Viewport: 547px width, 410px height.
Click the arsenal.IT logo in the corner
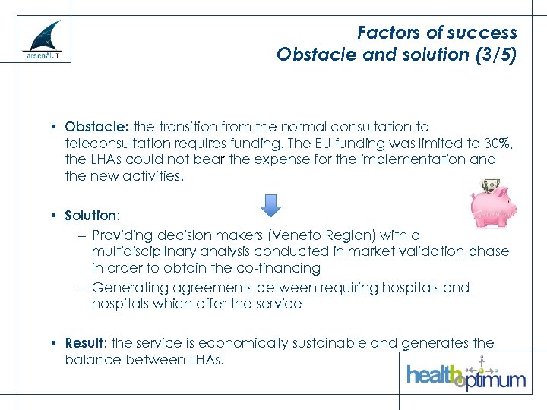click(x=42, y=42)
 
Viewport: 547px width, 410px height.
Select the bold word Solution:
click(x=92, y=216)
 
